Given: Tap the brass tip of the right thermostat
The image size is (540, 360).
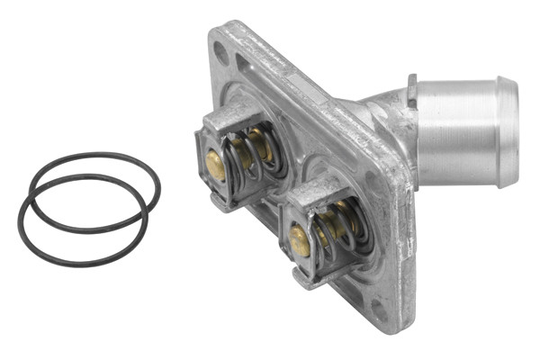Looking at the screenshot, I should click(299, 240).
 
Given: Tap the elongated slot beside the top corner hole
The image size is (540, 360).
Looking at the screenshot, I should click(246, 64).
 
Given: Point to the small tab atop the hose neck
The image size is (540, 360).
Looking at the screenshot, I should click(411, 88).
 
